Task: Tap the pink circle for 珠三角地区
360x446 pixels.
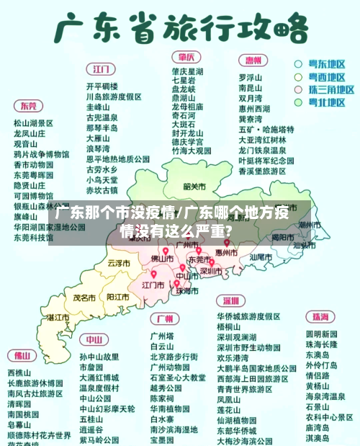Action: (297, 89)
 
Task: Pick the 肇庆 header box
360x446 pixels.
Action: (186, 57)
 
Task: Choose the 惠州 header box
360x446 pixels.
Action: (252, 61)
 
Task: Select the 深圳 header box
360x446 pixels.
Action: (230, 300)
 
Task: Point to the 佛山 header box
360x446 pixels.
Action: (19, 355)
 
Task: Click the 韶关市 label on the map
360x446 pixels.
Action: (195, 187)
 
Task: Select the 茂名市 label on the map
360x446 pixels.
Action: (84, 297)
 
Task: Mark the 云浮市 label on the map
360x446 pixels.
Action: (118, 263)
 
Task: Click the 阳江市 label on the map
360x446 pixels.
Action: (117, 296)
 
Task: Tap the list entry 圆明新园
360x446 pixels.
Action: (321, 334)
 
